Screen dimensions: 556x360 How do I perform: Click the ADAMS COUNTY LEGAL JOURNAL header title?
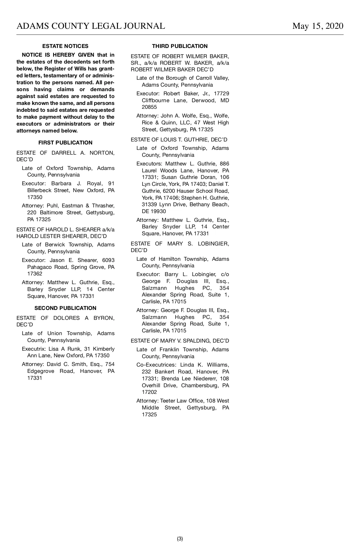click(x=91, y=26)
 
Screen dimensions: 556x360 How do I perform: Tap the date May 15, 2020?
click(x=318, y=26)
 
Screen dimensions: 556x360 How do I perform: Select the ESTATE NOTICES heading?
click(x=65, y=46)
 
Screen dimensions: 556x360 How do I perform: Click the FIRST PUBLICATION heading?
click(x=65, y=143)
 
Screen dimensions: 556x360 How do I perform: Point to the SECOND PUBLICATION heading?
click(x=65, y=308)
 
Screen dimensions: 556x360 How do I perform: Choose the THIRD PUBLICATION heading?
click(x=180, y=46)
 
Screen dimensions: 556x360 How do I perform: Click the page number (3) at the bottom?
click(x=180, y=539)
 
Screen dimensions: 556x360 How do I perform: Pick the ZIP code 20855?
click(x=149, y=107)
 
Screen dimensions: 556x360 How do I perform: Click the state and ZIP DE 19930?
click(x=154, y=211)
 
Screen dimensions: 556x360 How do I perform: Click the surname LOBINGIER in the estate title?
click(x=213, y=244)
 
